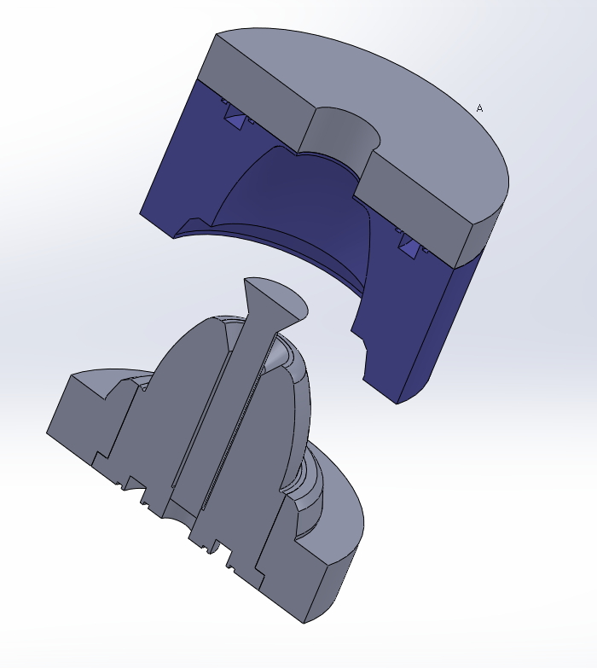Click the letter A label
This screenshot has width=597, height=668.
[x=479, y=108]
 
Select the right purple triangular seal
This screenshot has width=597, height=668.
[x=409, y=247]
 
